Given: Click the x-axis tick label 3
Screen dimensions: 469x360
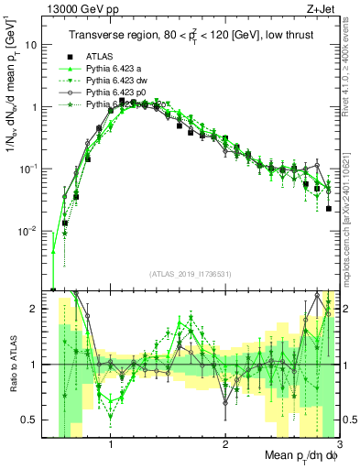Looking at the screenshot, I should [338, 446].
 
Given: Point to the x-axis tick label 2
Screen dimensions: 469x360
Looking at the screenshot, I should [225, 446].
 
